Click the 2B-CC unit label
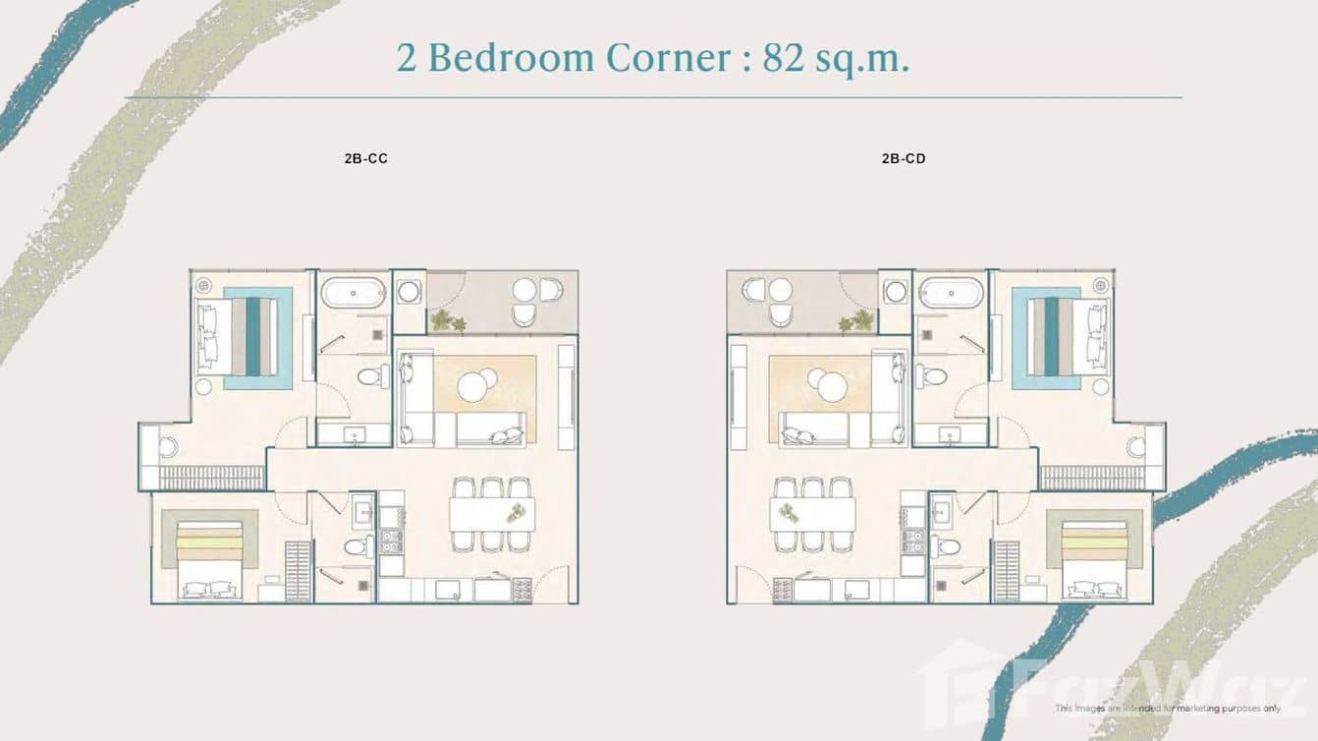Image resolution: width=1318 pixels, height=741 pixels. click(366, 159)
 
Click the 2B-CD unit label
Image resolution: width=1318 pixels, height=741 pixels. click(904, 159)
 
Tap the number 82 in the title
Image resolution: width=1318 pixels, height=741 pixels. click(784, 58)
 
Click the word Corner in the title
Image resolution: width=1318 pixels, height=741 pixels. click(668, 58)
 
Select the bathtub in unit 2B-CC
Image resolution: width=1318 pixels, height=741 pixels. click(353, 293)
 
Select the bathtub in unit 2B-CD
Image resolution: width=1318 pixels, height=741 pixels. click(951, 293)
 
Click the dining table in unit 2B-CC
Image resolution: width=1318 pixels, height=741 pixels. click(492, 514)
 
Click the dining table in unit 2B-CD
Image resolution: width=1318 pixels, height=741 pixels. click(812, 514)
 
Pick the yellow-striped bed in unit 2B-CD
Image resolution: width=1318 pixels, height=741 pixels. click(1095, 560)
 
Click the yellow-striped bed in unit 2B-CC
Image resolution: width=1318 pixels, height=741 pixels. click(209, 560)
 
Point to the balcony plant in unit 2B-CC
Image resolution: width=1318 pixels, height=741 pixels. click(449, 321)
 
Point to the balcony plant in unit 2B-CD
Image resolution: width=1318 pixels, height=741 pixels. click(856, 321)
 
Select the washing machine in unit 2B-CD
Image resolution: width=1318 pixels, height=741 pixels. click(896, 292)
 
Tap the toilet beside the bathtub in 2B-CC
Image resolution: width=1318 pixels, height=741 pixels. click(373, 376)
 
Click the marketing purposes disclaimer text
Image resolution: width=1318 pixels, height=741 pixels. click(1168, 708)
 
